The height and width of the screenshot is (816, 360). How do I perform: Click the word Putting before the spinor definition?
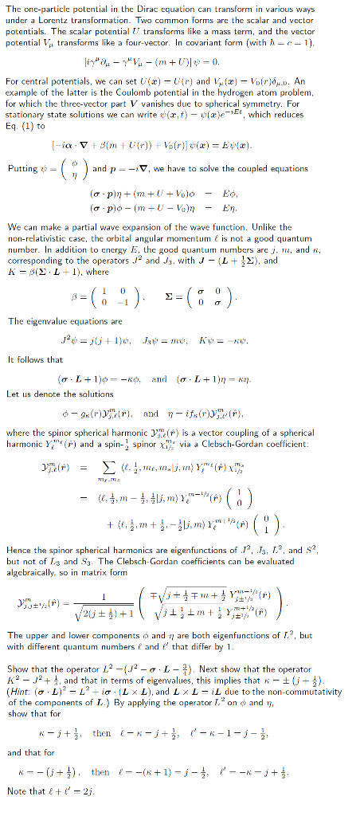pos(22,168)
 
